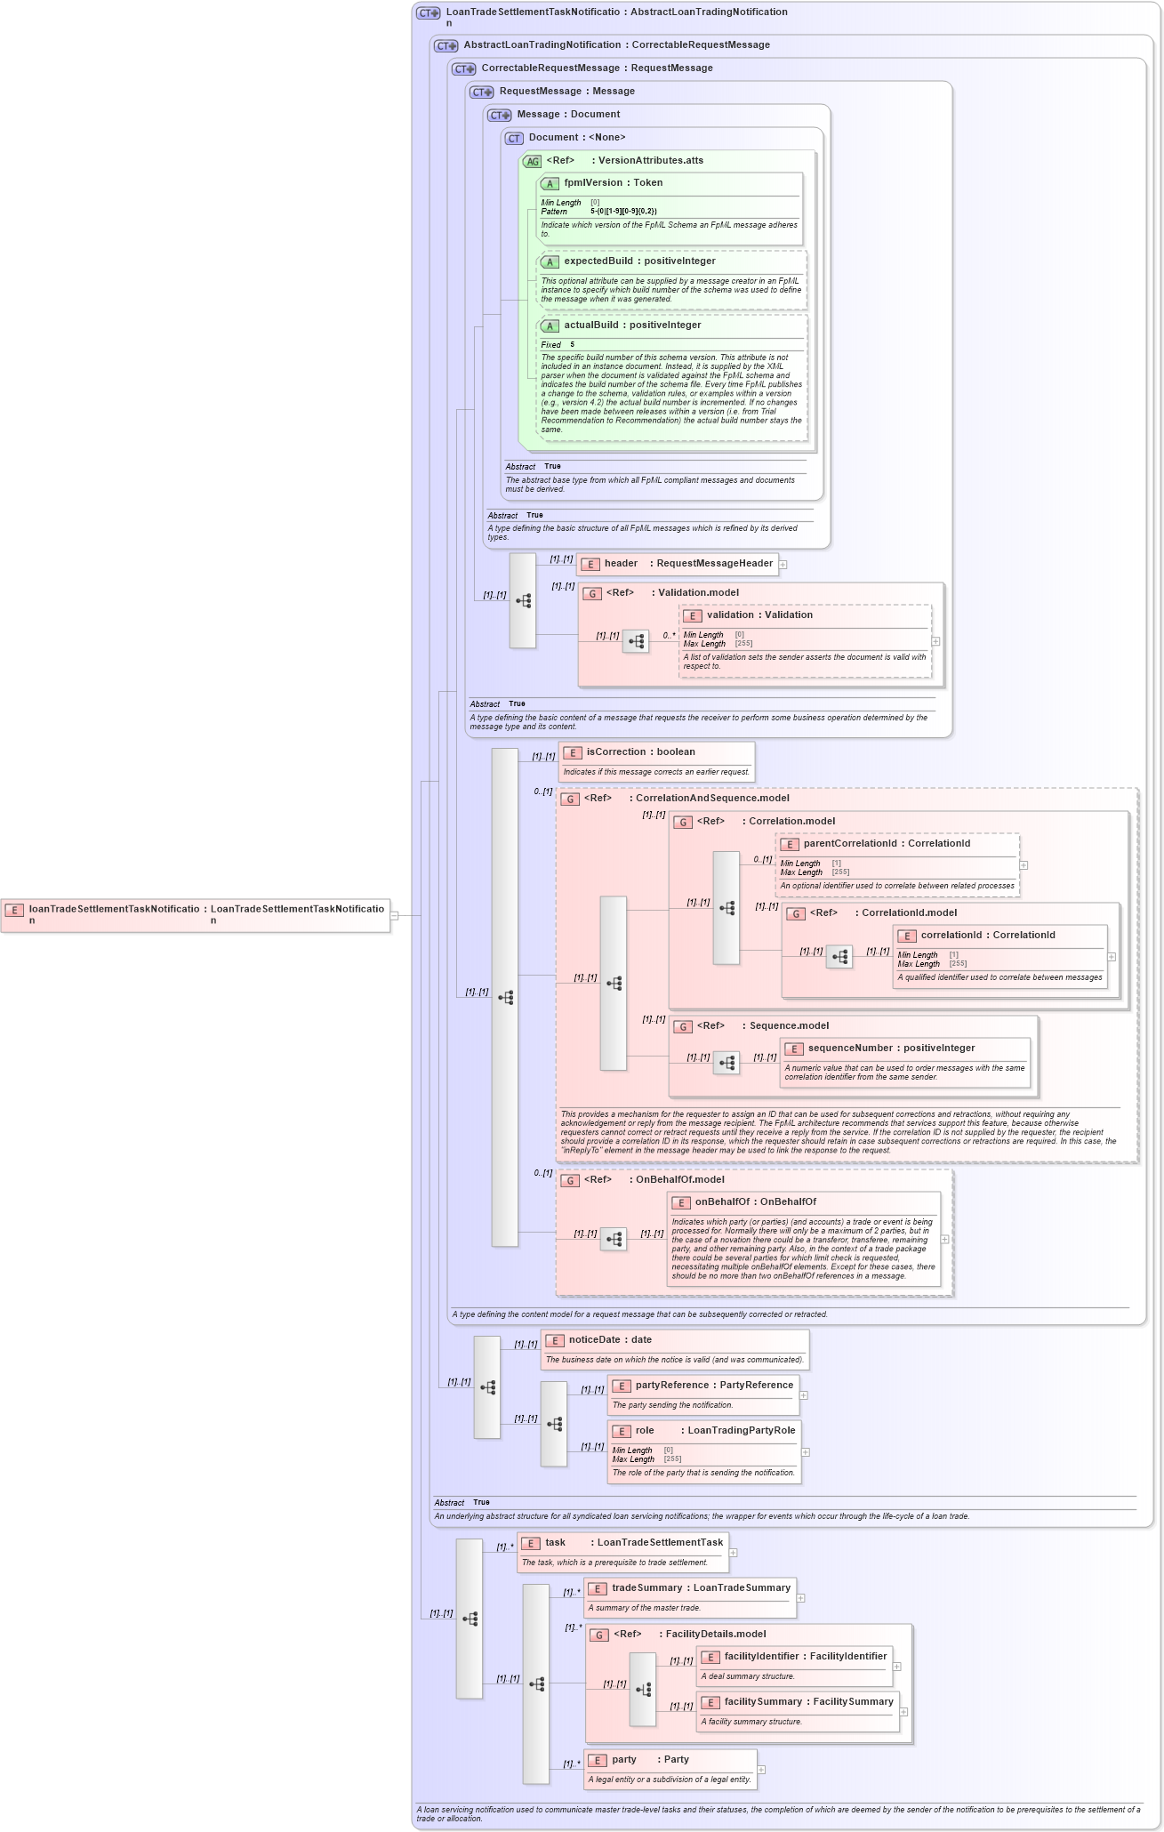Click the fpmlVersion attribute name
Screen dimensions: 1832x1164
point(592,183)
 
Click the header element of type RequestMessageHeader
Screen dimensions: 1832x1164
point(621,564)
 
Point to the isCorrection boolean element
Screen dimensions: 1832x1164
point(616,752)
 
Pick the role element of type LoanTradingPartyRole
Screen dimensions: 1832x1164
point(645,1431)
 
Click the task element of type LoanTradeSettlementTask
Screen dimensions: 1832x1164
point(555,1543)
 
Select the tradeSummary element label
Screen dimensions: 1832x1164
point(646,1588)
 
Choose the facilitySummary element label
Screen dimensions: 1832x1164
point(763,1702)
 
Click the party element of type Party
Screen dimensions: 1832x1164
point(624,1760)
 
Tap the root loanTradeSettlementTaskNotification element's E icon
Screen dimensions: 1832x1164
point(14,910)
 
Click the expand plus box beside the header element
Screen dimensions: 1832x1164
point(783,564)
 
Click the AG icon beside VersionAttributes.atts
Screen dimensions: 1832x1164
point(532,162)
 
